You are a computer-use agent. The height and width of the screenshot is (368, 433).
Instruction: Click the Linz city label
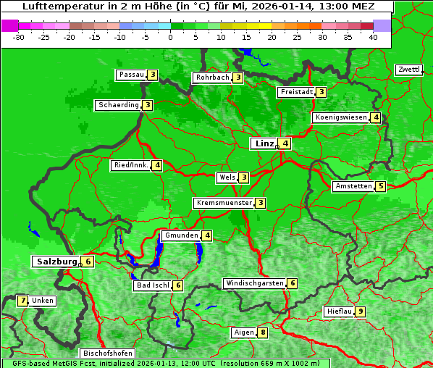[264, 143]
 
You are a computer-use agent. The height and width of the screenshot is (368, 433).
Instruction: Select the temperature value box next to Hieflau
[361, 311]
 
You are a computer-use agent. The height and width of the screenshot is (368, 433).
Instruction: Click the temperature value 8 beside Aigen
[263, 333]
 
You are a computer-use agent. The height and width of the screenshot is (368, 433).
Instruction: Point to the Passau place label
[132, 75]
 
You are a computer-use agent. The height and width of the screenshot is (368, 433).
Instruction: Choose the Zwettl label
[408, 70]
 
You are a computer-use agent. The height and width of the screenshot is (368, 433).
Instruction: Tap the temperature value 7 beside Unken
[22, 301]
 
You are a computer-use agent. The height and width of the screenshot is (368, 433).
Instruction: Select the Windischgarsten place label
[254, 283]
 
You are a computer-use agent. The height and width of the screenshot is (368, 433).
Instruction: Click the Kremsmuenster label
[224, 203]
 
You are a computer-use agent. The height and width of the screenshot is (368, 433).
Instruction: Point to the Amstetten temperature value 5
[381, 186]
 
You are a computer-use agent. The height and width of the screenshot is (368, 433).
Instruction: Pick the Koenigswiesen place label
[340, 117]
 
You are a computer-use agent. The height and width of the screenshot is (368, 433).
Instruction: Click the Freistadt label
[296, 92]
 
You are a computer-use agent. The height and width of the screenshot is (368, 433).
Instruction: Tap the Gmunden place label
[181, 235]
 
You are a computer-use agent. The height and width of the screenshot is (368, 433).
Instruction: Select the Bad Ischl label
[152, 285]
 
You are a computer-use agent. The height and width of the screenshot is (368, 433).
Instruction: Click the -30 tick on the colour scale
[20, 36]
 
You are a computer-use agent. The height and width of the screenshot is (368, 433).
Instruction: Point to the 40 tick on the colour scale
[373, 36]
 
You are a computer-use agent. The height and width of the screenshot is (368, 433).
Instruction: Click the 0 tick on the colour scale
[171, 36]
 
